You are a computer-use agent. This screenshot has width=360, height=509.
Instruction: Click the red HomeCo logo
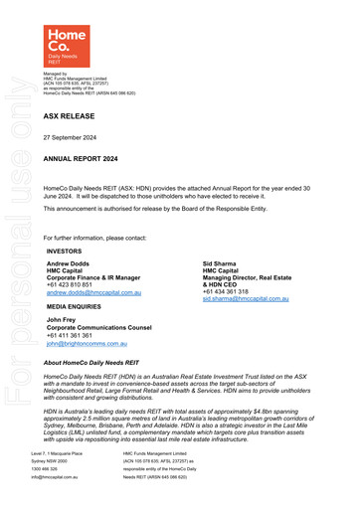pyautogui.click(x=67, y=46)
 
